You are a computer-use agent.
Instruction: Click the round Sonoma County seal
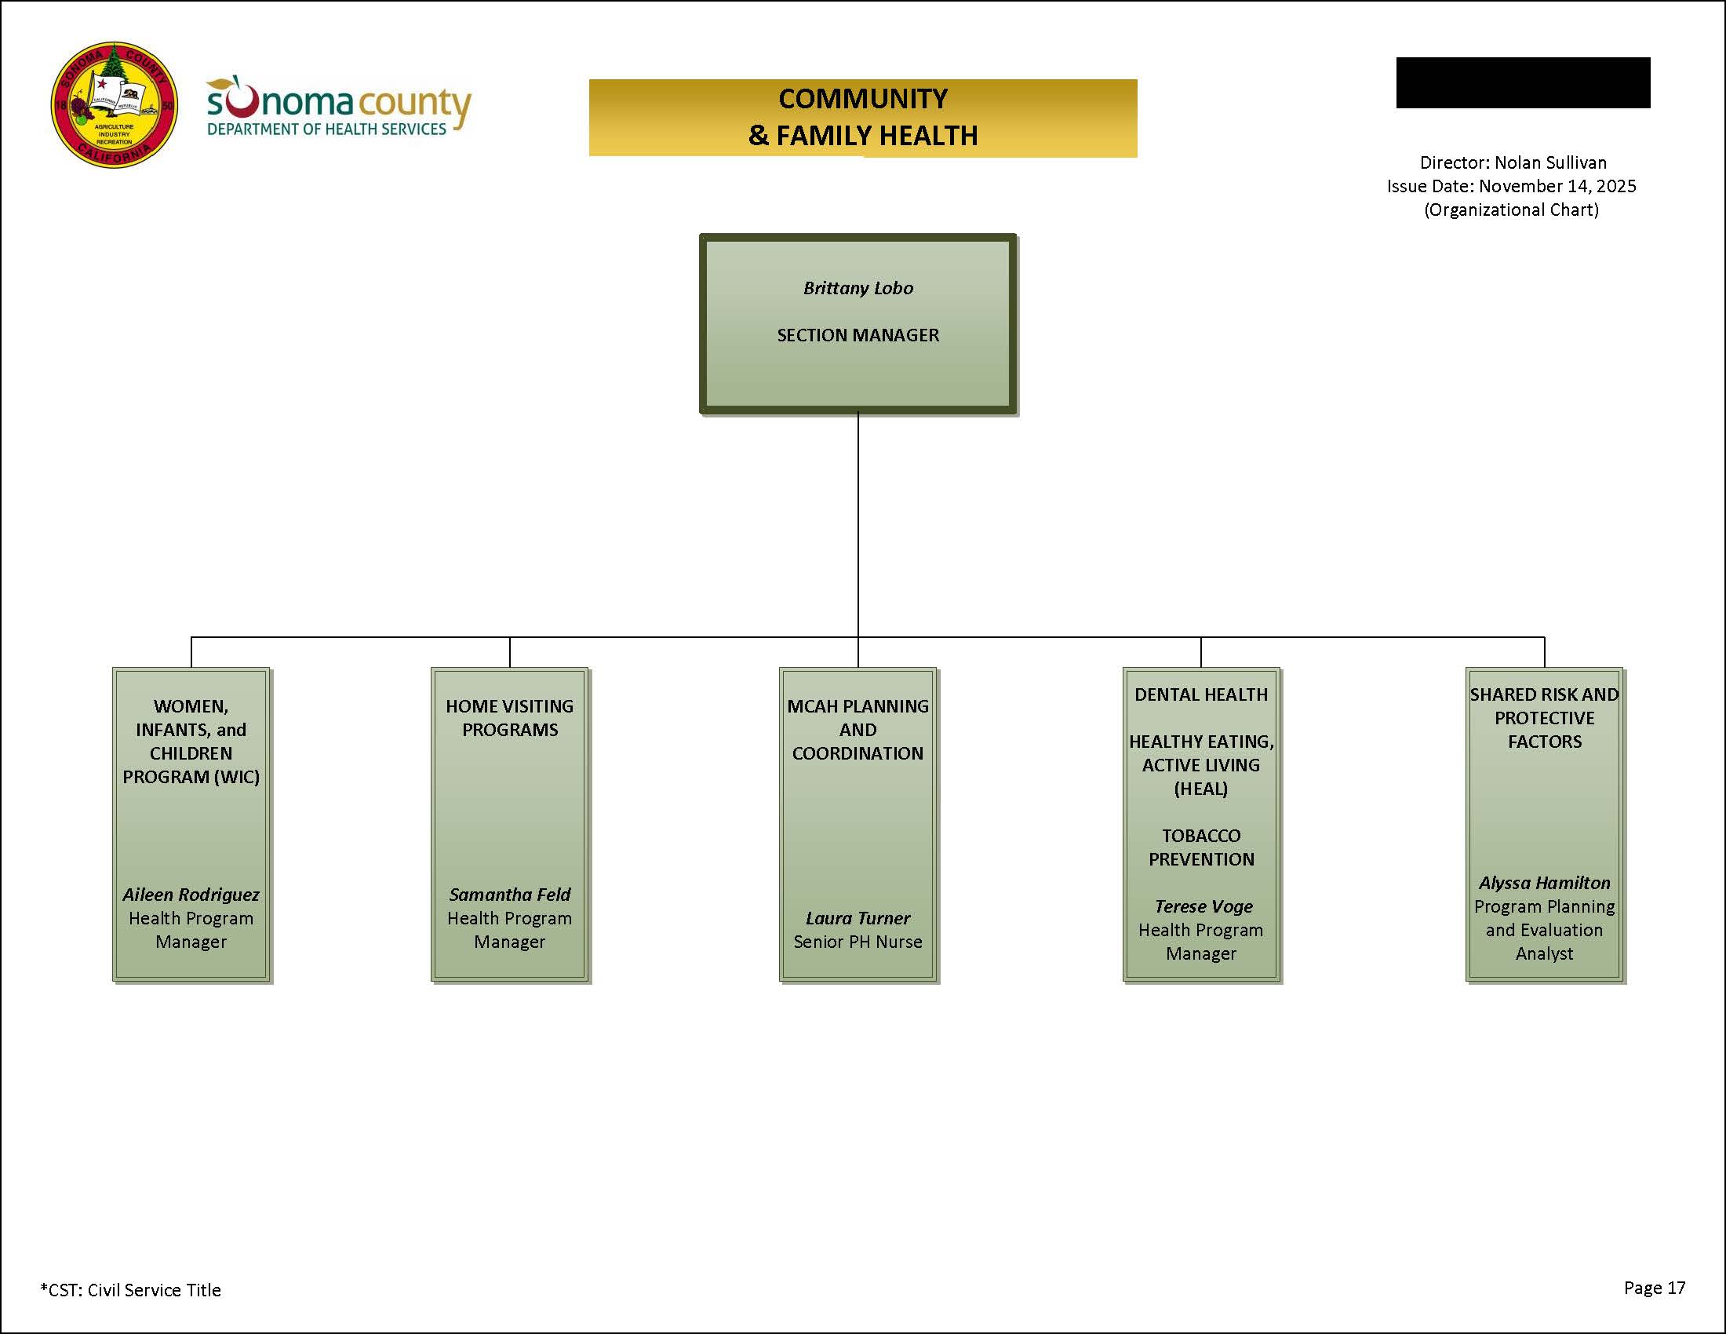coord(114,104)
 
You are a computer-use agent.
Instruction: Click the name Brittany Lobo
coord(858,288)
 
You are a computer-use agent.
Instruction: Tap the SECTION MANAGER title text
coord(858,335)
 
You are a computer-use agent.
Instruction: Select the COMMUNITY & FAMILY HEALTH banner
coord(862,117)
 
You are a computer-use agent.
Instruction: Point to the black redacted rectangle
coord(1522,82)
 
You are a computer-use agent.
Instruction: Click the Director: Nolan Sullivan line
coord(1513,162)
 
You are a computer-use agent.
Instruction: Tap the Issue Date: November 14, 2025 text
coord(1511,187)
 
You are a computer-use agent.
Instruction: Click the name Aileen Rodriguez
coord(191,895)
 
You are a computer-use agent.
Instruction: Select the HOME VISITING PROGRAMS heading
coord(510,717)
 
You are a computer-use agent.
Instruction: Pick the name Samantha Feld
coord(510,895)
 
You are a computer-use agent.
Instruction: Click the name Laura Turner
coord(858,918)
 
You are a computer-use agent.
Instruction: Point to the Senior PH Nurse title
coord(858,942)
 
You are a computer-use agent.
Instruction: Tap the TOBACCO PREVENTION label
coord(1200,847)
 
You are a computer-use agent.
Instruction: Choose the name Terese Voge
coord(1203,906)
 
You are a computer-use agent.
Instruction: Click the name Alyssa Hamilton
coord(1544,883)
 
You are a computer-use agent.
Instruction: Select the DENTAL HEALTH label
coord(1200,694)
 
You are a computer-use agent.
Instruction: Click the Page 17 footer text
coord(1654,1288)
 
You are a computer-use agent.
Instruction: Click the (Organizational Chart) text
coord(1511,210)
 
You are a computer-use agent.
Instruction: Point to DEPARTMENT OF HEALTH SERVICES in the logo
coord(326,129)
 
